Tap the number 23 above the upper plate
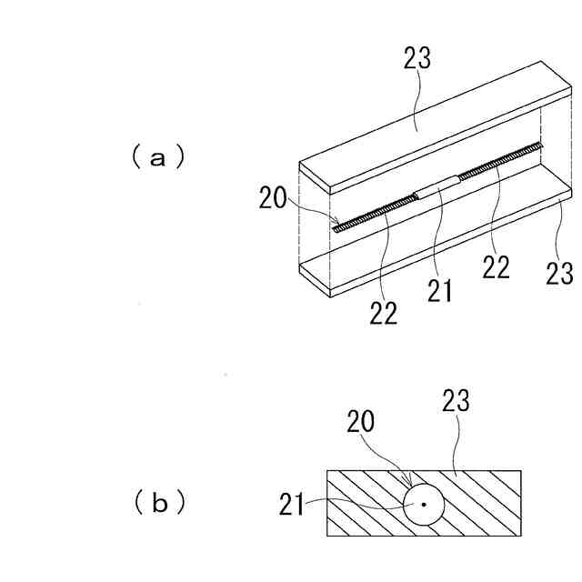pyautogui.click(x=416, y=63)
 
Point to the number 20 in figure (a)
pyautogui.click(x=273, y=197)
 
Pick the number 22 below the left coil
pyautogui.click(x=385, y=312)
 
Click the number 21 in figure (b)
pyautogui.click(x=292, y=502)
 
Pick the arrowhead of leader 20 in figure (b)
pyautogui.click(x=411, y=487)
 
